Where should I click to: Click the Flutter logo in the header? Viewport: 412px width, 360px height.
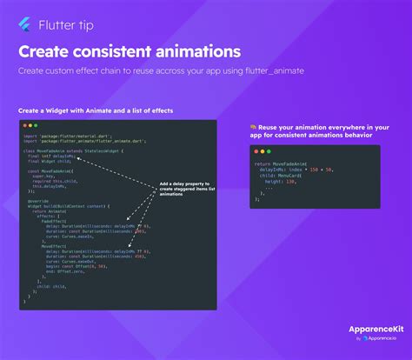(23, 26)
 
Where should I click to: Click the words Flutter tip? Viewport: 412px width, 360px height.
(61, 26)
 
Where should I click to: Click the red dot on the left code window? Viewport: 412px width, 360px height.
(24, 126)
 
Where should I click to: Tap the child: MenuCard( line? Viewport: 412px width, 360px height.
(281, 175)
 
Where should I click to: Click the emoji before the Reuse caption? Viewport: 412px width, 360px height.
(252, 127)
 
